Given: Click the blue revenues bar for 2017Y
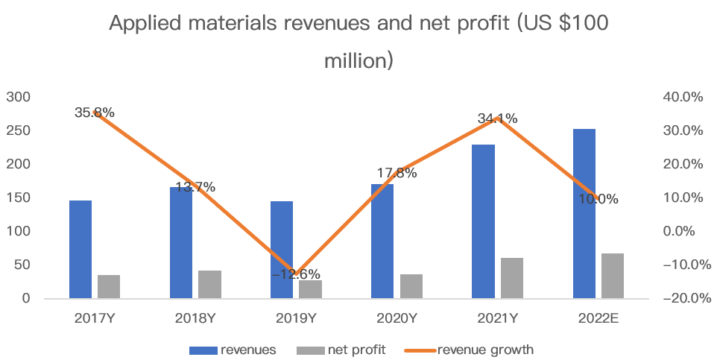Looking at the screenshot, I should point(80,249).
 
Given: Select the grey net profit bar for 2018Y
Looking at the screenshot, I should point(209,284).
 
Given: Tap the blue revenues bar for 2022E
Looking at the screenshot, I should point(584,213).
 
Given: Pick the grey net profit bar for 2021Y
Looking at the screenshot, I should point(511,277).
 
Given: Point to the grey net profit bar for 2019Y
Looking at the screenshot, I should point(310,289).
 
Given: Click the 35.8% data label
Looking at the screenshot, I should point(95,113).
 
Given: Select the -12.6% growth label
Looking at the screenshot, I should point(296,274).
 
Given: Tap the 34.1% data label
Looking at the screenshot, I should point(498,119).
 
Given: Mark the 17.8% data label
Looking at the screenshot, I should point(397,173).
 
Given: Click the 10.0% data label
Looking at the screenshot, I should point(599,199).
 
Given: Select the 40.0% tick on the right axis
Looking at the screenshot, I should point(683,97).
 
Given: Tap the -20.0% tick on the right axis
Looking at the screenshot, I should point(680,298).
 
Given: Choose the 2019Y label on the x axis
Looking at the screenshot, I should point(296,318).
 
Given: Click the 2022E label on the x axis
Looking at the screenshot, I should point(598,318).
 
